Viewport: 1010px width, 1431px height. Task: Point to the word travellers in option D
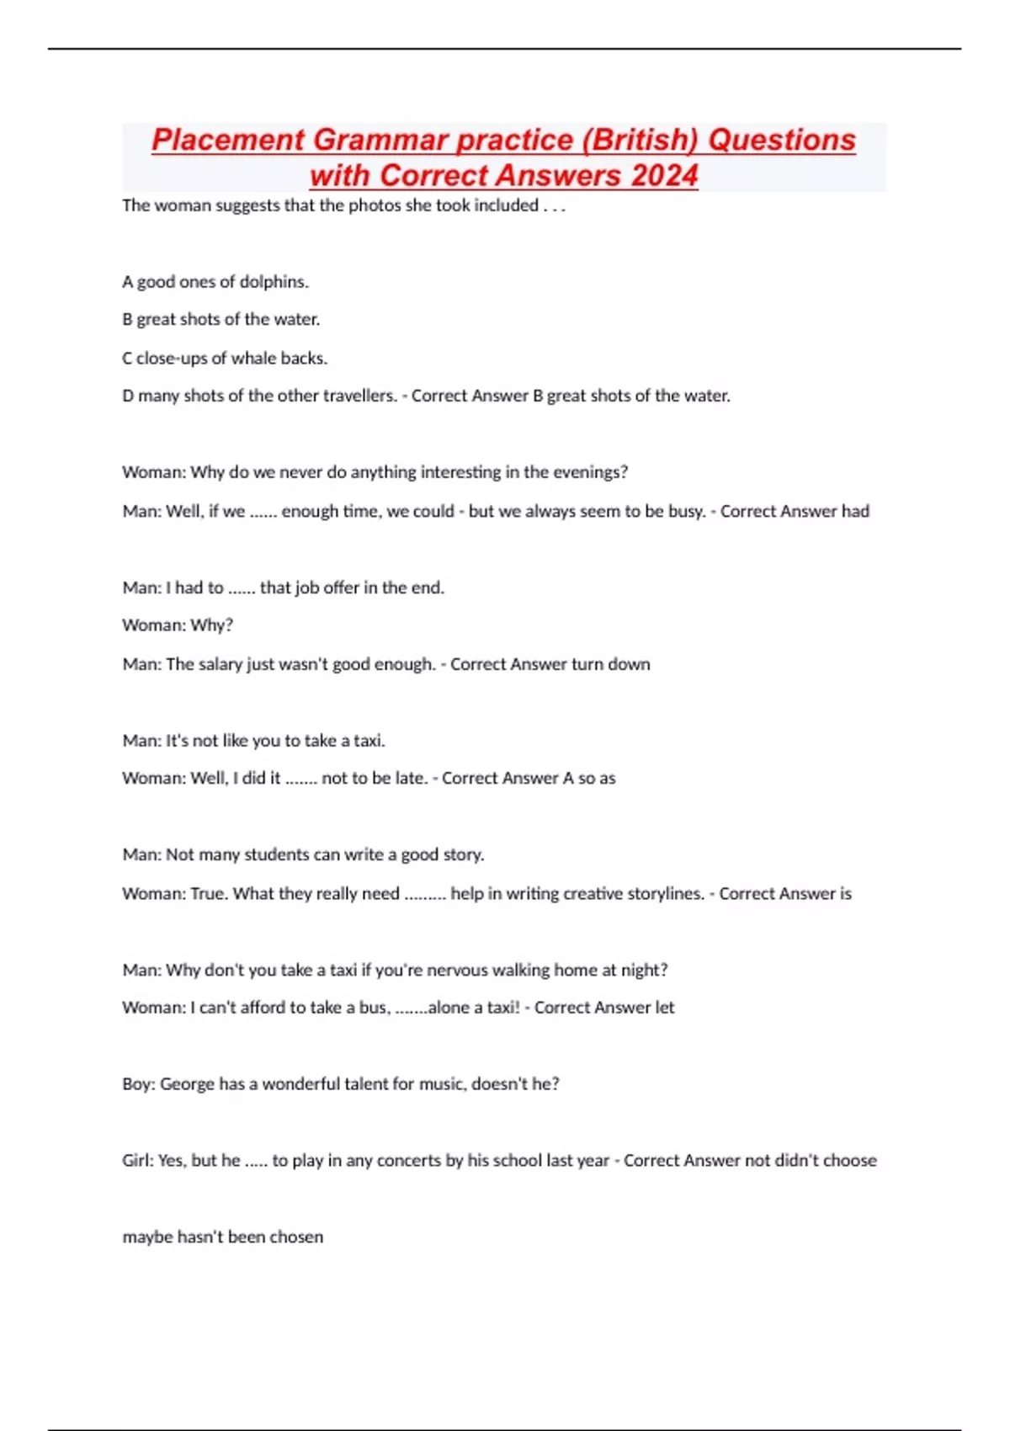(x=359, y=396)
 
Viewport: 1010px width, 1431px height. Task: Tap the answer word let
(x=664, y=1008)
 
